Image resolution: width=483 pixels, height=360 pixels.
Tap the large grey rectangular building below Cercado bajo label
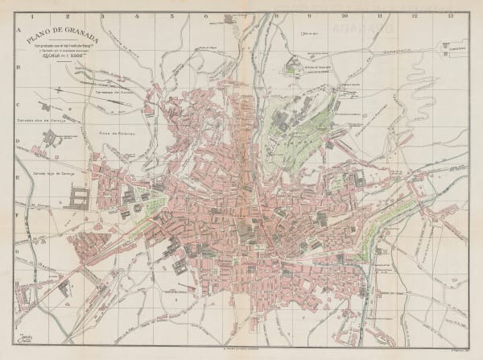coord(81,199)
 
